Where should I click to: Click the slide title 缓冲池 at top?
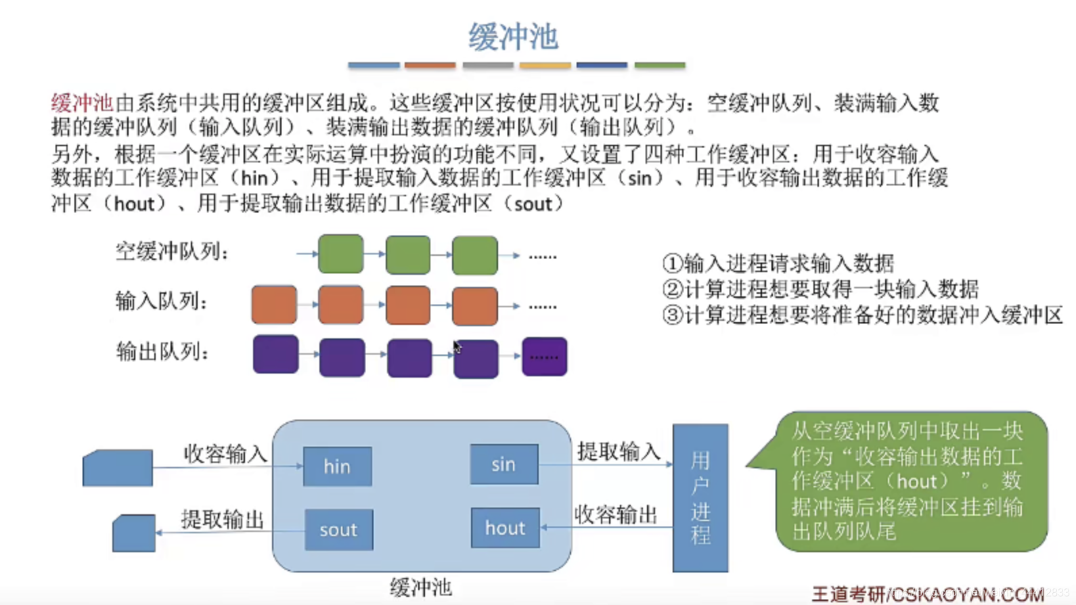coord(513,37)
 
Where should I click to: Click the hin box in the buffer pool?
coord(337,466)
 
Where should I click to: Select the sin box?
coord(503,464)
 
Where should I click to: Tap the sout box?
coord(338,529)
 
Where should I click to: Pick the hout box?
coord(505,528)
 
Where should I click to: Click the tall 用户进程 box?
coord(700,497)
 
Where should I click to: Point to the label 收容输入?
coord(225,453)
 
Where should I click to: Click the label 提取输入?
coord(619,451)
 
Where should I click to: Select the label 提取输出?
coord(222,519)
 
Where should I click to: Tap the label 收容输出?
coord(616,514)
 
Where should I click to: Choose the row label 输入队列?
coord(161,301)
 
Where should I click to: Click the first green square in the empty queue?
coord(340,254)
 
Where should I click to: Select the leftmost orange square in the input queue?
coord(274,305)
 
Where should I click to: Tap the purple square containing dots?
coord(544,357)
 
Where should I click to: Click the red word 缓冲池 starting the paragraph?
coord(82,103)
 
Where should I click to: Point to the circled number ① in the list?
coord(672,263)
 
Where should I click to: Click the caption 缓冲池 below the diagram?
coord(420,587)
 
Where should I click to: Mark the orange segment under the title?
coord(430,65)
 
